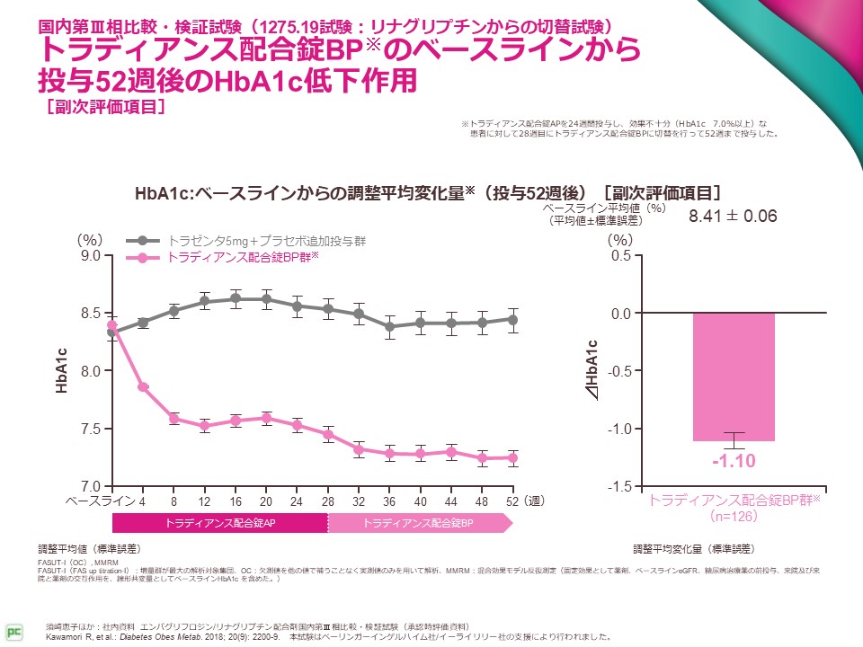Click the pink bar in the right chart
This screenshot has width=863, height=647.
point(734,377)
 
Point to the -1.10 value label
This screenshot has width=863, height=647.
point(734,462)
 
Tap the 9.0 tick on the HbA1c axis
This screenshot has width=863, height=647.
point(89,256)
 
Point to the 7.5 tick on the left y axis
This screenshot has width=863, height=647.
point(89,429)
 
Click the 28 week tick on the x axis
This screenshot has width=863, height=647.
point(328,501)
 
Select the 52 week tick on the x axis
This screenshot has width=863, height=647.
point(512,501)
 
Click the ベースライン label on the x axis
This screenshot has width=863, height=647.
point(99,501)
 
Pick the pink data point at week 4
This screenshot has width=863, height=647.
point(143,386)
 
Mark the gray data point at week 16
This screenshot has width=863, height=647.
point(236,298)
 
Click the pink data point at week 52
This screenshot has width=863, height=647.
point(512,457)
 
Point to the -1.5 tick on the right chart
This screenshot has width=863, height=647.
point(619,486)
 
